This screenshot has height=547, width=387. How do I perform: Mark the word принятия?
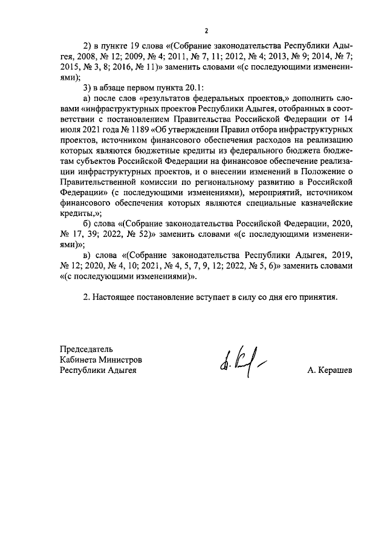[315, 297]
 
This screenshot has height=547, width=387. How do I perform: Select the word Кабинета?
[77, 360]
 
